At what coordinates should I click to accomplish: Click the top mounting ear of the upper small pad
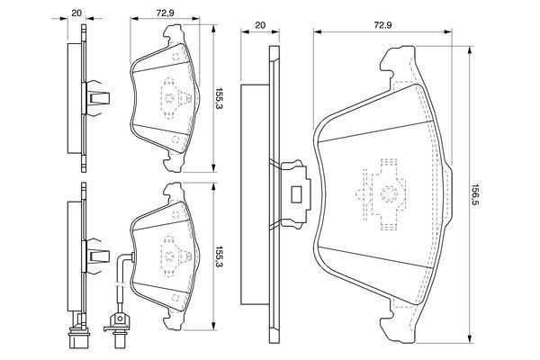click(x=172, y=36)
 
